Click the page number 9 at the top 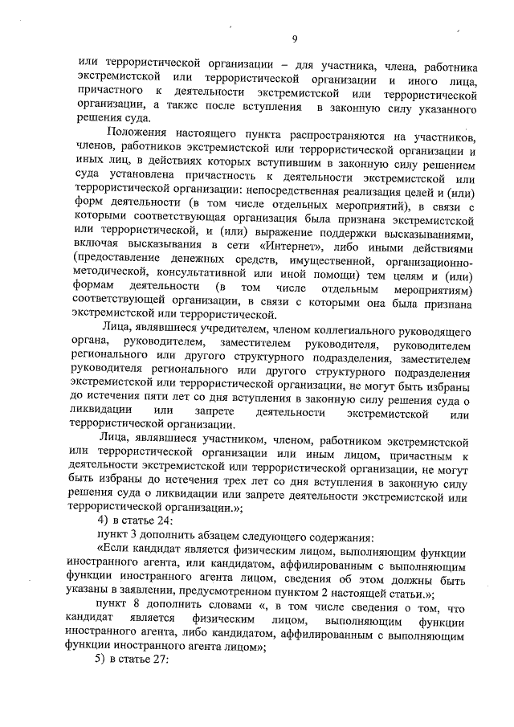pos(295,39)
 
